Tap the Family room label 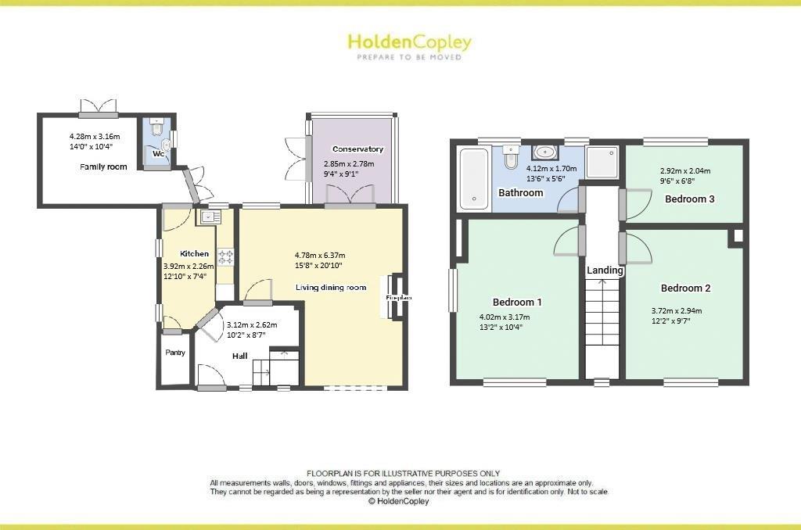coord(103,167)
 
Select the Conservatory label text coord(357,149)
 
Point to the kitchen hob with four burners coord(226,256)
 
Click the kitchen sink coord(209,217)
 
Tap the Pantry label coord(175,353)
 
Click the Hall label coord(239,356)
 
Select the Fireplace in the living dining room coord(396,297)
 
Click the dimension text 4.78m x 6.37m coord(320,255)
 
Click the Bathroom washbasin coord(545,153)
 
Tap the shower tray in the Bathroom coord(602,162)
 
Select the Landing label coord(605,270)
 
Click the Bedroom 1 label coord(517,302)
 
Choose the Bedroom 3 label coord(689,199)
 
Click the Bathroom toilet coord(511,158)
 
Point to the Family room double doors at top coord(99,106)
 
